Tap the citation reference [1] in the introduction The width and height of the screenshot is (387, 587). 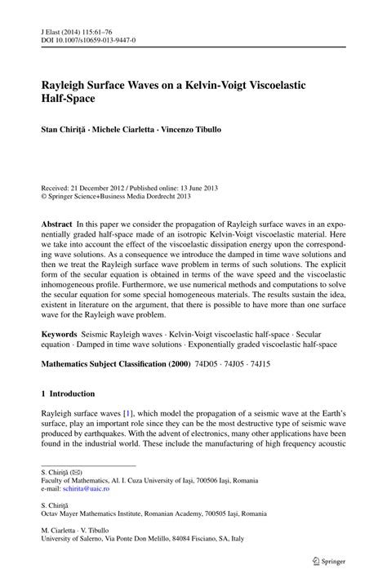[129, 418]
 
